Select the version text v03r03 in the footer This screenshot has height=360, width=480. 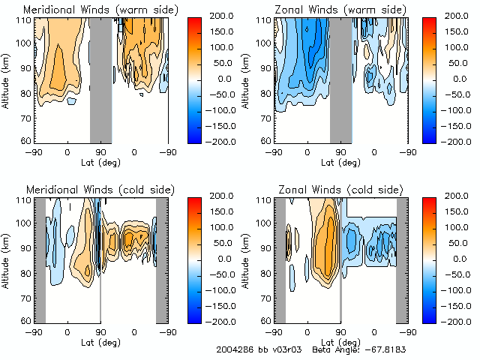(287, 350)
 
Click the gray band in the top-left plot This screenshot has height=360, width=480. (100, 79)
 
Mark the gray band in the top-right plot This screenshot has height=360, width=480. (340, 79)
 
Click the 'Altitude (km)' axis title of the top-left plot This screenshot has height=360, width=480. (6, 79)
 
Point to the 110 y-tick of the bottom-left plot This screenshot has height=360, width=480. (25, 200)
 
